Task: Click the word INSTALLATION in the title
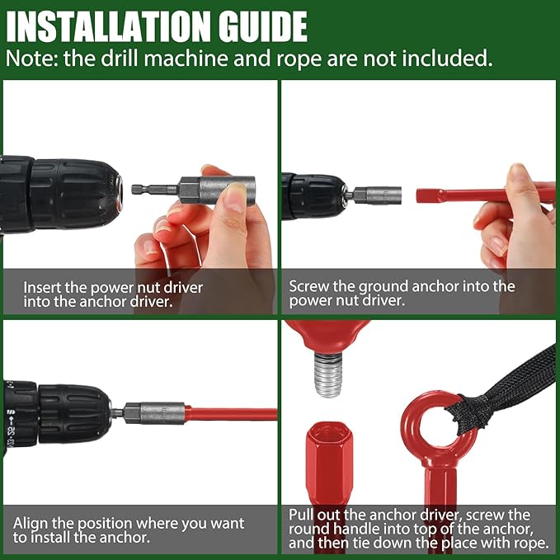[108, 26]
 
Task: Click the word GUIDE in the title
[263, 26]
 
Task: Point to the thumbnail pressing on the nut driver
[235, 195]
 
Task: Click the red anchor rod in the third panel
[231, 413]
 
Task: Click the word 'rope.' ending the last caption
[532, 544]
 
